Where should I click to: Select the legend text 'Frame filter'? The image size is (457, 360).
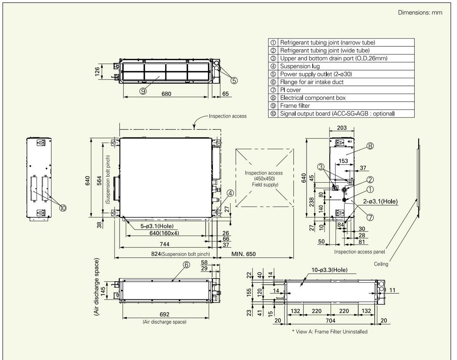tap(295, 106)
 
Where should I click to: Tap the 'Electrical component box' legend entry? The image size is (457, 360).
tap(313, 98)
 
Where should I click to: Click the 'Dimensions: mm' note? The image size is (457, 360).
tap(420, 13)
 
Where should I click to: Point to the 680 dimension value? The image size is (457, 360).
tap(166, 94)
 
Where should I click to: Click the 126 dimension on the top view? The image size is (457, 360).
tap(97, 71)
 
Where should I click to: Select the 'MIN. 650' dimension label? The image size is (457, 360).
tap(243, 254)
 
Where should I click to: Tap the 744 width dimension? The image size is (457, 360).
tap(165, 244)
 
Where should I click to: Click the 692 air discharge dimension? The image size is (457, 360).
tap(165, 314)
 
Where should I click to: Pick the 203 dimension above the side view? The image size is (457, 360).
tap(342, 128)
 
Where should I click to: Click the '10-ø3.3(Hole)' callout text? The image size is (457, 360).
tap(329, 270)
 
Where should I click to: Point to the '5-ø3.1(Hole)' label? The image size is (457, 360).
tap(157, 226)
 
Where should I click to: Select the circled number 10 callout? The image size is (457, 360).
tap(63, 208)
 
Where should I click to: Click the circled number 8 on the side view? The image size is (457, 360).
tap(370, 146)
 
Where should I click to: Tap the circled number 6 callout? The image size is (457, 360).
tap(187, 265)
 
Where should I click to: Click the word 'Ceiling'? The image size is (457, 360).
tap(381, 264)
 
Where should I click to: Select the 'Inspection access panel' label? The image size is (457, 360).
tap(359, 252)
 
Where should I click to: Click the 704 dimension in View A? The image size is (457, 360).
tap(331, 320)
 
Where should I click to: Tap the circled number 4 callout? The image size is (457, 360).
tap(230, 193)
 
